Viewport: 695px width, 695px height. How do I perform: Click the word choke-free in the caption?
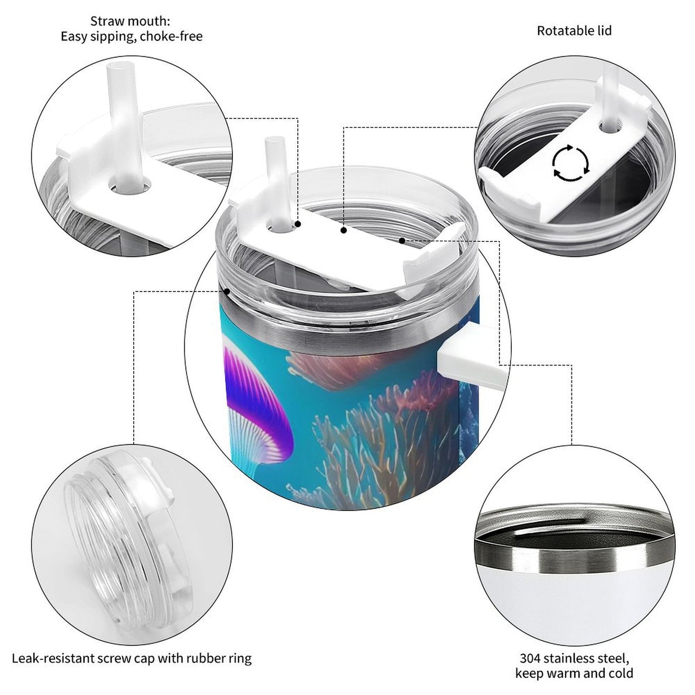pos(171,37)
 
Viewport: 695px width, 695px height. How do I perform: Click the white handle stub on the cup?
pos(469,356)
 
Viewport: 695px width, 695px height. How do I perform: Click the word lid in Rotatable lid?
pos(603,31)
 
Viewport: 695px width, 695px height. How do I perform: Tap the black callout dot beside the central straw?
pos(298,224)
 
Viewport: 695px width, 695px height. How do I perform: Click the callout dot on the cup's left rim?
pos(227,291)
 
